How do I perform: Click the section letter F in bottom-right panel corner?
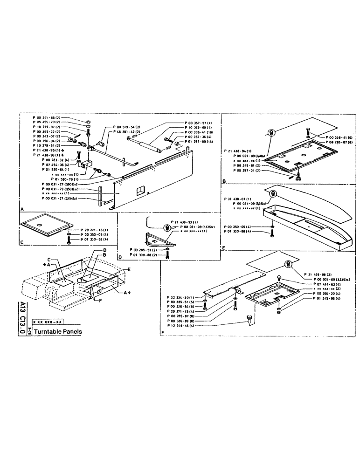pos(162,333)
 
